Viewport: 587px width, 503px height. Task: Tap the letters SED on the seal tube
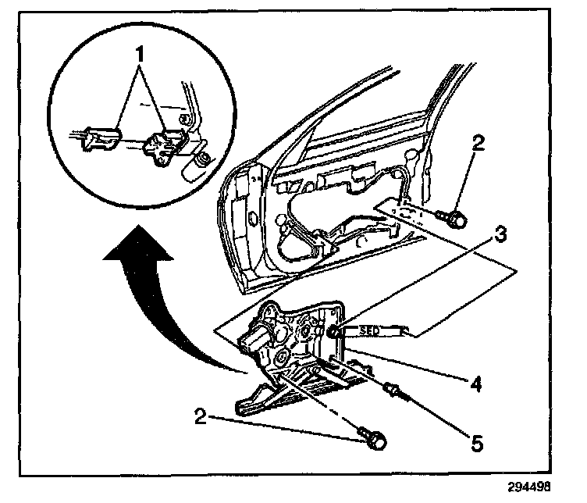370,331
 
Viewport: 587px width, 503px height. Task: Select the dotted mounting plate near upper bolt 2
406,211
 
